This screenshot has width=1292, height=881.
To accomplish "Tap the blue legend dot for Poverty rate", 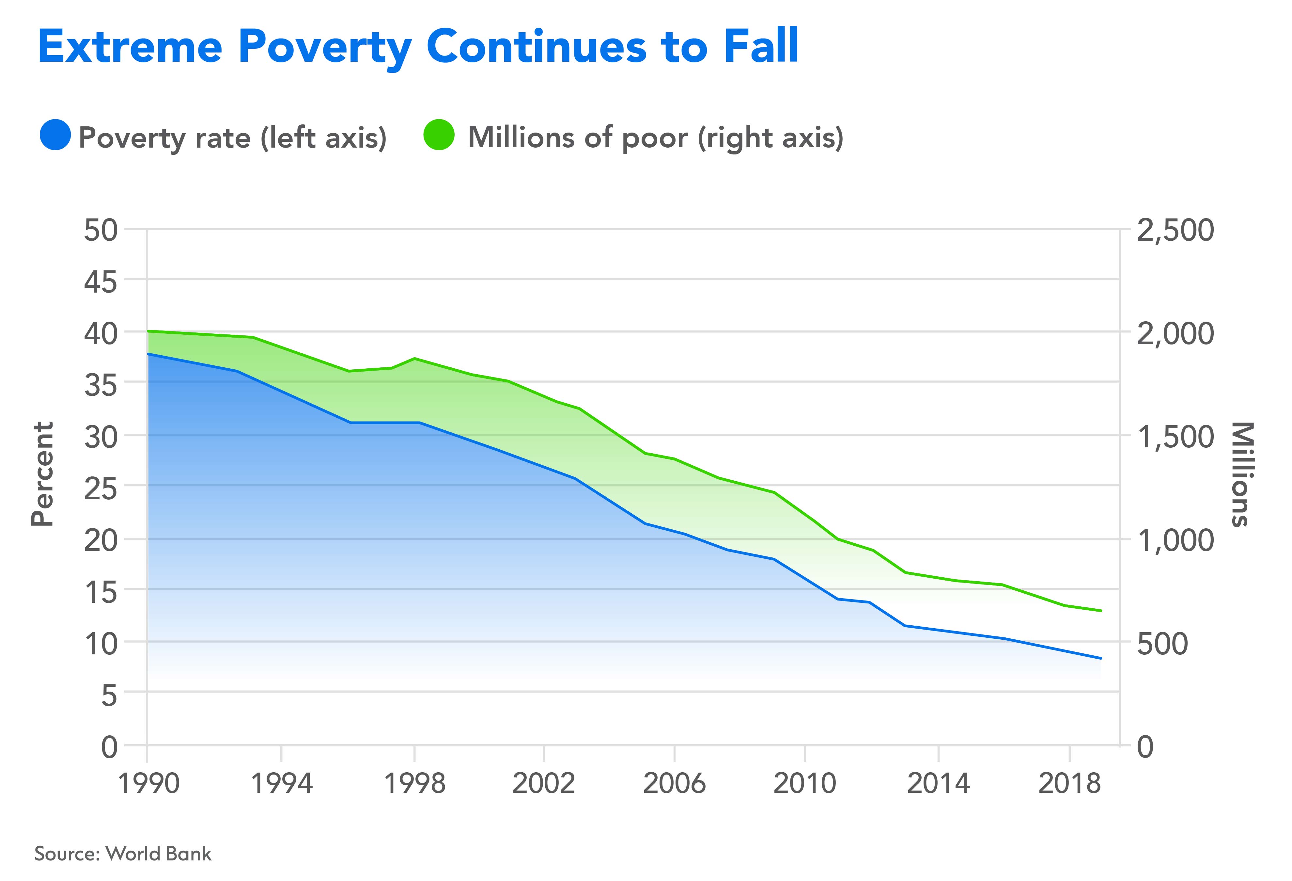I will [55, 135].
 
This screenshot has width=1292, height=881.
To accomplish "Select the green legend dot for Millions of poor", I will [439, 135].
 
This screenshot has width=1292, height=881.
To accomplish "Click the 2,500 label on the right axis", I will [1175, 230].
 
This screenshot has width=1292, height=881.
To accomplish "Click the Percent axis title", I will [42, 474].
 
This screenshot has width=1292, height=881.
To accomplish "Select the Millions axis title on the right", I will [1243, 474].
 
